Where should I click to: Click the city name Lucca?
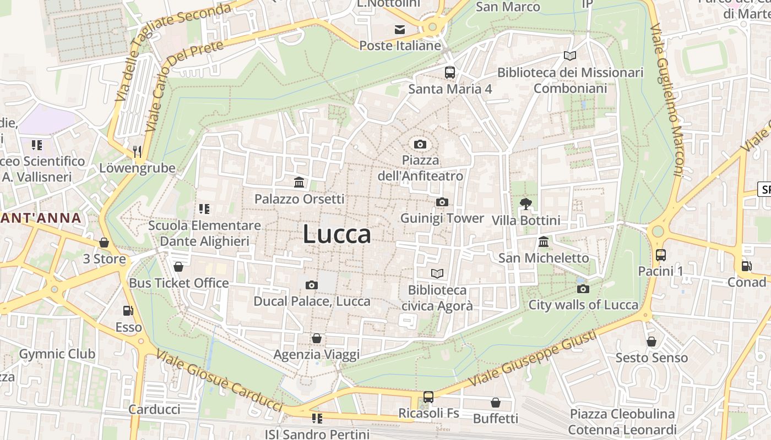[337, 235]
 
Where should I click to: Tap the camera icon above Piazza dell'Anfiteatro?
[420, 145]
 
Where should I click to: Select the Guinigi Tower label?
[442, 218]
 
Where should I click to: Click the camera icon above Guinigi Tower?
[442, 202]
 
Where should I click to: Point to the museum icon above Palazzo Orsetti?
[299, 183]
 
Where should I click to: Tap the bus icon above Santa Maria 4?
[450, 72]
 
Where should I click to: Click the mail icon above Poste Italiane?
[400, 30]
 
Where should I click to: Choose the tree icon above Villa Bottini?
[525, 204]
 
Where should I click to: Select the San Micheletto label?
[544, 258]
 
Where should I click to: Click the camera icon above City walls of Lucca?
[583, 289]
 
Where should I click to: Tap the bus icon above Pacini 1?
[660, 255]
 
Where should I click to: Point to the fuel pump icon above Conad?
[746, 266]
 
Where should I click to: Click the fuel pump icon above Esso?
[128, 311]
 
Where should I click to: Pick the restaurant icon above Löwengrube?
[137, 151]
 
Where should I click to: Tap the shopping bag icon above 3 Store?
[104, 243]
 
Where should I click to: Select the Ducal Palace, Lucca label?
[312, 301]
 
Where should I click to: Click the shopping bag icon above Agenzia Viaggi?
[316, 338]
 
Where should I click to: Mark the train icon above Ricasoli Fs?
[428, 397]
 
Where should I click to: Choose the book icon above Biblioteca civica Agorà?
[437, 273]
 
